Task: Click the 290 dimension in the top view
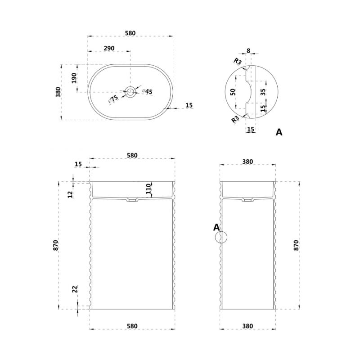click(x=109, y=49)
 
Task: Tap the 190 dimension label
click(x=74, y=78)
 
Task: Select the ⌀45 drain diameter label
click(x=147, y=92)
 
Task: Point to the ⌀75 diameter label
click(x=113, y=99)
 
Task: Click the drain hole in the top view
click(x=130, y=92)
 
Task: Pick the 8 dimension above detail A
click(x=248, y=50)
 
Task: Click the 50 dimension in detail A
click(x=233, y=92)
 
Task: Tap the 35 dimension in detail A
click(x=263, y=92)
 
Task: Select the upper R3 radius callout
click(x=238, y=61)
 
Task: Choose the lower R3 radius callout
click(x=235, y=119)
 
